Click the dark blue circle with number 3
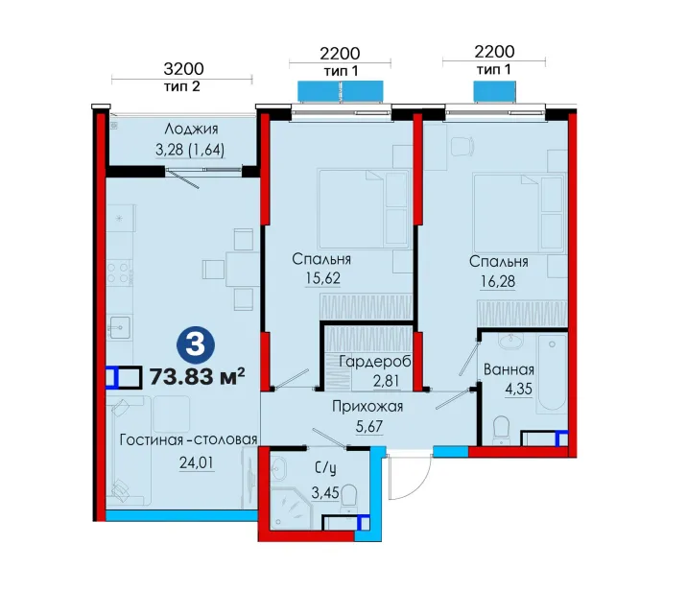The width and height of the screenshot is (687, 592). click(x=196, y=344)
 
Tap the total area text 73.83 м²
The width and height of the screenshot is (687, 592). click(x=197, y=376)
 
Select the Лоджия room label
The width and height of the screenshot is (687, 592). click(x=192, y=129)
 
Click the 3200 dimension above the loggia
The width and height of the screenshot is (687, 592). click(x=183, y=69)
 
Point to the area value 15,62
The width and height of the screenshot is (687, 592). click(x=323, y=278)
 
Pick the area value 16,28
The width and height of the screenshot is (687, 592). click(x=498, y=281)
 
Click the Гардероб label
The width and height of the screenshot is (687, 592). click(x=375, y=362)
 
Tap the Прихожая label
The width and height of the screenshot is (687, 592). click(x=367, y=407)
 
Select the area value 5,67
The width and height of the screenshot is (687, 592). click(x=368, y=426)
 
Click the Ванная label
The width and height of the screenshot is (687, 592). click(x=509, y=369)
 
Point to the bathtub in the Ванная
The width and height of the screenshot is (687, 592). click(x=552, y=372)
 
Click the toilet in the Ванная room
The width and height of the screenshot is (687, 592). click(x=501, y=429)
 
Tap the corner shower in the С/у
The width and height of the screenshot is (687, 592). click(x=291, y=509)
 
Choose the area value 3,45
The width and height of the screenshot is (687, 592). click(x=325, y=492)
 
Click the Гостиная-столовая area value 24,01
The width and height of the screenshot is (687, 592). click(x=197, y=462)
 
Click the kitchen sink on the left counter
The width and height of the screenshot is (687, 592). click(x=119, y=327)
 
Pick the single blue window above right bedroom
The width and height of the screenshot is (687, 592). click(x=494, y=91)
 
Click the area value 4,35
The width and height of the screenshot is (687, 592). click(x=518, y=389)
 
